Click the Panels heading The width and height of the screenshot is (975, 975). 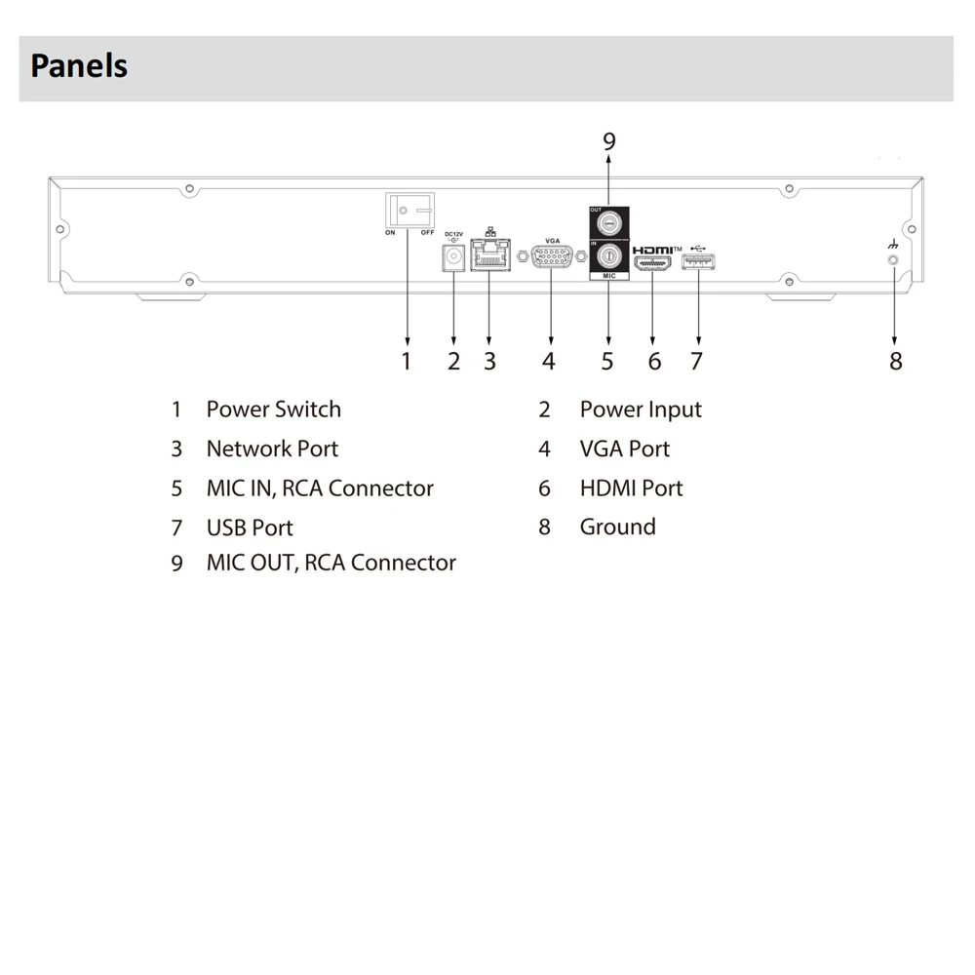tap(79, 66)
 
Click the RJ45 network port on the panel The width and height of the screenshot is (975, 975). tap(488, 257)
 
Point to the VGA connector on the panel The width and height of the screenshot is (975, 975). tap(551, 258)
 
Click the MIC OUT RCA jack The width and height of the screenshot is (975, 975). tap(608, 223)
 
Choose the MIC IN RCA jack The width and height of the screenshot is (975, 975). tap(608, 258)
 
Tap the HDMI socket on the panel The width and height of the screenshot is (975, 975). tap(653, 261)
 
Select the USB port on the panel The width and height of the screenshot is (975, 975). tap(697, 260)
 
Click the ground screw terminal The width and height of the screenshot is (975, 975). tap(893, 261)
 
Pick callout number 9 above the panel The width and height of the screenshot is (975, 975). tap(609, 142)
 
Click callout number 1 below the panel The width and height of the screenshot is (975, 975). tap(407, 362)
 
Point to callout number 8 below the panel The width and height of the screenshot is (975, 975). tap(895, 362)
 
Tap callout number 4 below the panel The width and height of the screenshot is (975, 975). tap(549, 362)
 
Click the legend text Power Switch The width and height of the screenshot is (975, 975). tap(273, 409)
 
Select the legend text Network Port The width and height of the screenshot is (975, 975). tap(272, 449)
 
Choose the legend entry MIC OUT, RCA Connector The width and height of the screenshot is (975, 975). tap(331, 564)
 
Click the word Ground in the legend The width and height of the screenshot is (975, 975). tap(617, 527)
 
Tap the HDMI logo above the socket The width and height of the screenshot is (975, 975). tap(653, 250)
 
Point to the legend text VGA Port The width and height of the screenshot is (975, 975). tap(624, 449)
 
